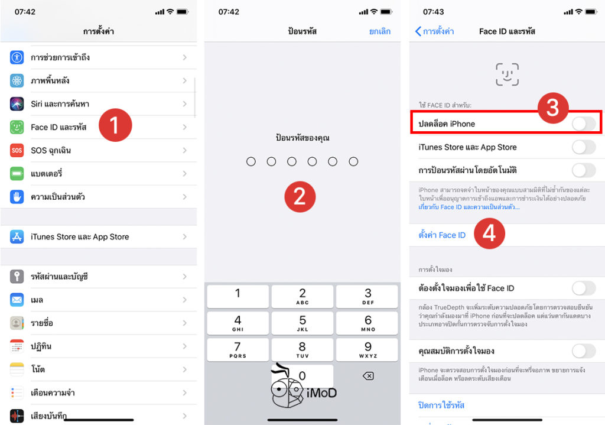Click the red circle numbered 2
pyautogui.click(x=300, y=196)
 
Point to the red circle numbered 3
pyautogui.click(x=552, y=107)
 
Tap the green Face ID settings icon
pyautogui.click(x=17, y=127)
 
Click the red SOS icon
pyautogui.click(x=17, y=150)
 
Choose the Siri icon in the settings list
pyautogui.click(x=17, y=104)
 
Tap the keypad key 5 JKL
pyautogui.click(x=302, y=324)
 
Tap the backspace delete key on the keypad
pyautogui.click(x=367, y=376)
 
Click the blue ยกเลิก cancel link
pyautogui.click(x=380, y=31)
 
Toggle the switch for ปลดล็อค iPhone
pyautogui.click(x=583, y=124)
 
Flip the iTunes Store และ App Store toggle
pyautogui.click(x=583, y=147)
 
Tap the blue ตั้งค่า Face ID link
pyautogui.click(x=442, y=235)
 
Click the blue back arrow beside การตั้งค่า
pyautogui.click(x=418, y=31)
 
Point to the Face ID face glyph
pyautogui.click(x=507, y=74)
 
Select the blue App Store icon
pyautogui.click(x=17, y=237)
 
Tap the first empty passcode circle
pyautogui.click(x=251, y=161)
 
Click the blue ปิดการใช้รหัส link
pyautogui.click(x=441, y=405)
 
